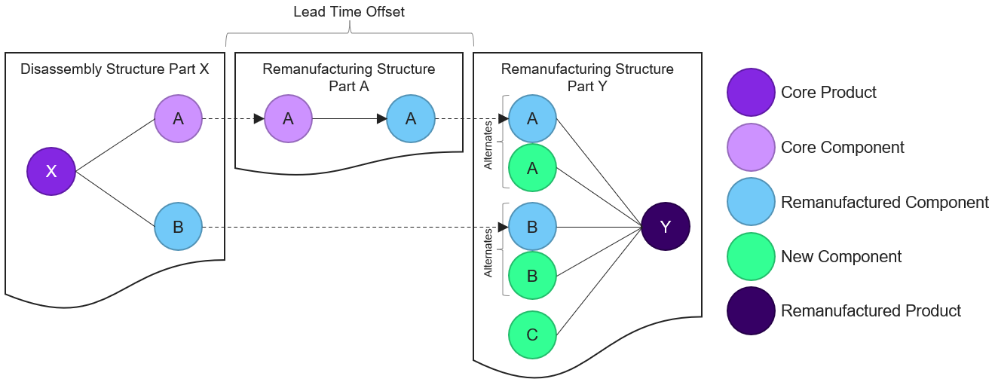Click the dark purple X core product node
51,171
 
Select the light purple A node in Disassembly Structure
179,118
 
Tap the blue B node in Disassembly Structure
179,226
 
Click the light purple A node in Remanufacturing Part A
288,118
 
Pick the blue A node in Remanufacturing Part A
411,118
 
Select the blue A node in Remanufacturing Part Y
532,118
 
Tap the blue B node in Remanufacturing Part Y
532,226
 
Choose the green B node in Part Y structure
532,276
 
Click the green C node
532,335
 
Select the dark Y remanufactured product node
665,226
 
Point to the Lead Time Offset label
349,13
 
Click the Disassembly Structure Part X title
115,69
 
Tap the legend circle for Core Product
751,93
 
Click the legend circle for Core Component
751,148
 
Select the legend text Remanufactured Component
884,203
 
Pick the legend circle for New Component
751,257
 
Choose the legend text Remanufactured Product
871,311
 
